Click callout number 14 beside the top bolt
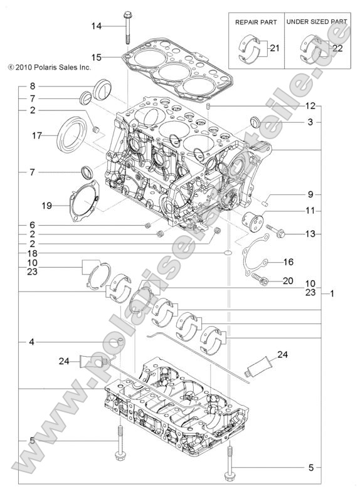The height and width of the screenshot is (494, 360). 96,26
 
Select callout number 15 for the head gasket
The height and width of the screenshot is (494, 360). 96,56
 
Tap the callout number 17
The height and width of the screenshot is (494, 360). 37,135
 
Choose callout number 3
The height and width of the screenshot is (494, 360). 310,122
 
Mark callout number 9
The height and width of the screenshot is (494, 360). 310,194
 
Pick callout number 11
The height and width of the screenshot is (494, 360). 310,211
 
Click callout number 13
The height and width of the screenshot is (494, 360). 310,234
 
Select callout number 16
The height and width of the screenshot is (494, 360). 289,261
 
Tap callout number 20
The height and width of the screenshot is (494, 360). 289,280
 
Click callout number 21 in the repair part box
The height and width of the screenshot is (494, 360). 275,47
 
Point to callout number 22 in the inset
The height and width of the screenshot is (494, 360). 337,48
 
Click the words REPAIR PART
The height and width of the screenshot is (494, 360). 255,21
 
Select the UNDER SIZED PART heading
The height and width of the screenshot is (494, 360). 316,21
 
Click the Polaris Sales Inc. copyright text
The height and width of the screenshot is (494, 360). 50,65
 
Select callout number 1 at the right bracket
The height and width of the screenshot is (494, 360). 332,293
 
